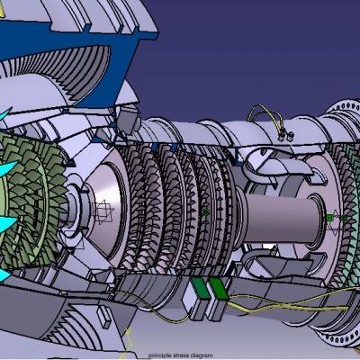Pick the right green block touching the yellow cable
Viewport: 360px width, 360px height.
[x=219, y=289]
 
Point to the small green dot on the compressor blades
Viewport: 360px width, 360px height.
[x=205, y=212]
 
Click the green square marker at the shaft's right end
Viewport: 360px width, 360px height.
[x=329, y=218]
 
